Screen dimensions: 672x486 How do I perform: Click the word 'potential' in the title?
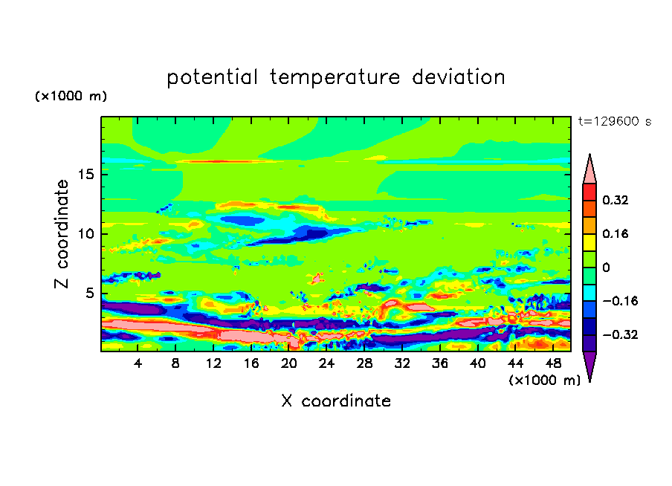click(212, 78)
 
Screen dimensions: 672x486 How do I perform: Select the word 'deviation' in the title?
click(458, 77)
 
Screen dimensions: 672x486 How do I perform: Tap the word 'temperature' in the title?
click(335, 78)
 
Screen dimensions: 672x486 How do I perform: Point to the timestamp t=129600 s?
click(615, 122)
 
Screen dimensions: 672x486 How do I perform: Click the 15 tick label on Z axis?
click(85, 175)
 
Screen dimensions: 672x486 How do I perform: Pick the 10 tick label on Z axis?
click(85, 234)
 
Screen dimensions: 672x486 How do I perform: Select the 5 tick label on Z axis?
click(90, 293)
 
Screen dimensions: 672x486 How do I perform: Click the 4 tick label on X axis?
click(138, 363)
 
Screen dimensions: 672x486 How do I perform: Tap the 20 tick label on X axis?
click(289, 363)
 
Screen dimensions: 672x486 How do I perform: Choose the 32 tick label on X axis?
click(402, 363)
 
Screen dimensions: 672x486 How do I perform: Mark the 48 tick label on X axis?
click(553, 363)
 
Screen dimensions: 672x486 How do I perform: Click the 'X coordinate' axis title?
click(336, 401)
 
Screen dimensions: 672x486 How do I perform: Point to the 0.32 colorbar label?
click(615, 200)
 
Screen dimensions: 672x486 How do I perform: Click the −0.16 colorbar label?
click(620, 301)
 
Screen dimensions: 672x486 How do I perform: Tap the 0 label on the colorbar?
click(606, 268)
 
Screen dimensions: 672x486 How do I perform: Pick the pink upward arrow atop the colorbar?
click(589, 169)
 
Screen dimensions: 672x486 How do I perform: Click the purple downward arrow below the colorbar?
click(589, 366)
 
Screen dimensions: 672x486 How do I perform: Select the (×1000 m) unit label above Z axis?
click(71, 96)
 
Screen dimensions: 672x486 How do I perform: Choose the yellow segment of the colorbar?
click(589, 242)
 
